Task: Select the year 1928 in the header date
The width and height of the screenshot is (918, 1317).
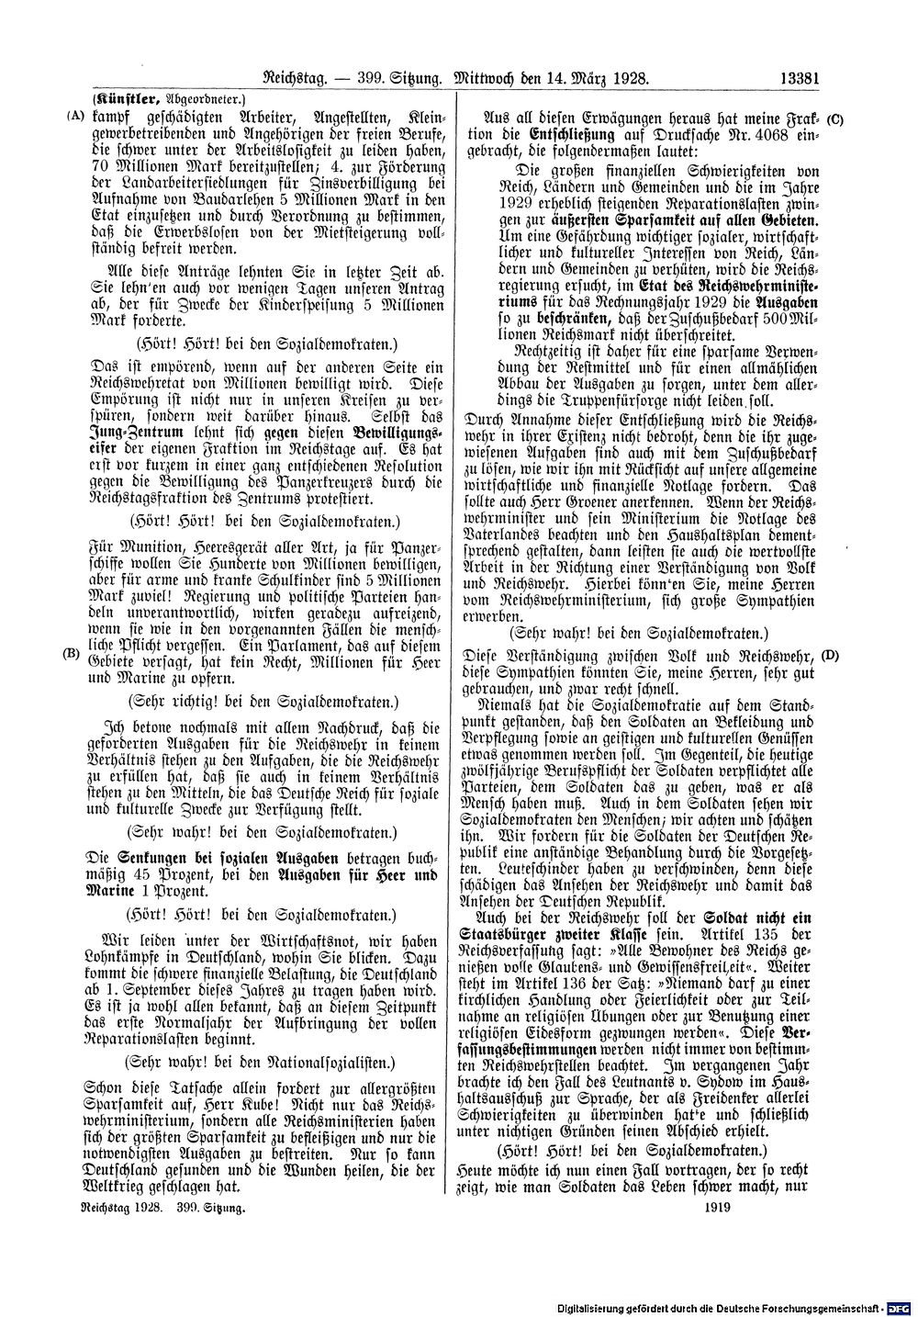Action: pyautogui.click(x=631, y=78)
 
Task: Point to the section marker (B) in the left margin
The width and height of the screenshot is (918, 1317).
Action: pyautogui.click(x=70, y=654)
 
